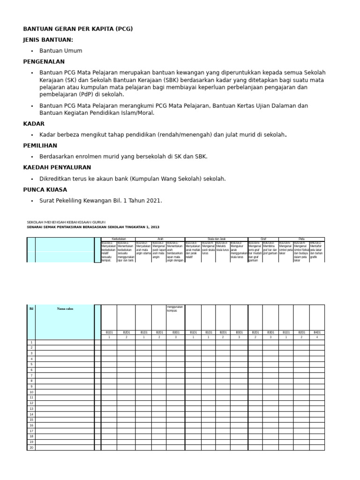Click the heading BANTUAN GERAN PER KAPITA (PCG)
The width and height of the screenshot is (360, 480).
(78, 29)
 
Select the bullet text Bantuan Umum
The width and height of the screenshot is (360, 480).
(60, 51)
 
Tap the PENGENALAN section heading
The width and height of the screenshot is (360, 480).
(44, 61)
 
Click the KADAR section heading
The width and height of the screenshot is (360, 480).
(34, 124)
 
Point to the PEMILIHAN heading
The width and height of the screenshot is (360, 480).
(40, 146)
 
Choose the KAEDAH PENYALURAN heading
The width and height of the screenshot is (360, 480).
(57, 167)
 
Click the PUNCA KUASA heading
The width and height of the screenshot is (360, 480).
(45, 189)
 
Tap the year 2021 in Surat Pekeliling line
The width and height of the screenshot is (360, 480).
(153, 201)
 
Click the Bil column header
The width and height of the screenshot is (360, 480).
(31, 308)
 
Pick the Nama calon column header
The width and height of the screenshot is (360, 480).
(65, 308)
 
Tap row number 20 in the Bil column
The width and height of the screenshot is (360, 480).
(31, 447)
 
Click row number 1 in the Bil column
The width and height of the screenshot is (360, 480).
(31, 342)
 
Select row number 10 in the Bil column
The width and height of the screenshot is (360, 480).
(31, 392)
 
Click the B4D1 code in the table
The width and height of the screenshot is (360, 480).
(316, 332)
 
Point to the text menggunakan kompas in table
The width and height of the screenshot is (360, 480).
(175, 308)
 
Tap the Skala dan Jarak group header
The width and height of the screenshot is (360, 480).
(216, 239)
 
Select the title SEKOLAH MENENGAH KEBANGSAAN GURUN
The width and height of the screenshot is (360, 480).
(66, 222)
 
